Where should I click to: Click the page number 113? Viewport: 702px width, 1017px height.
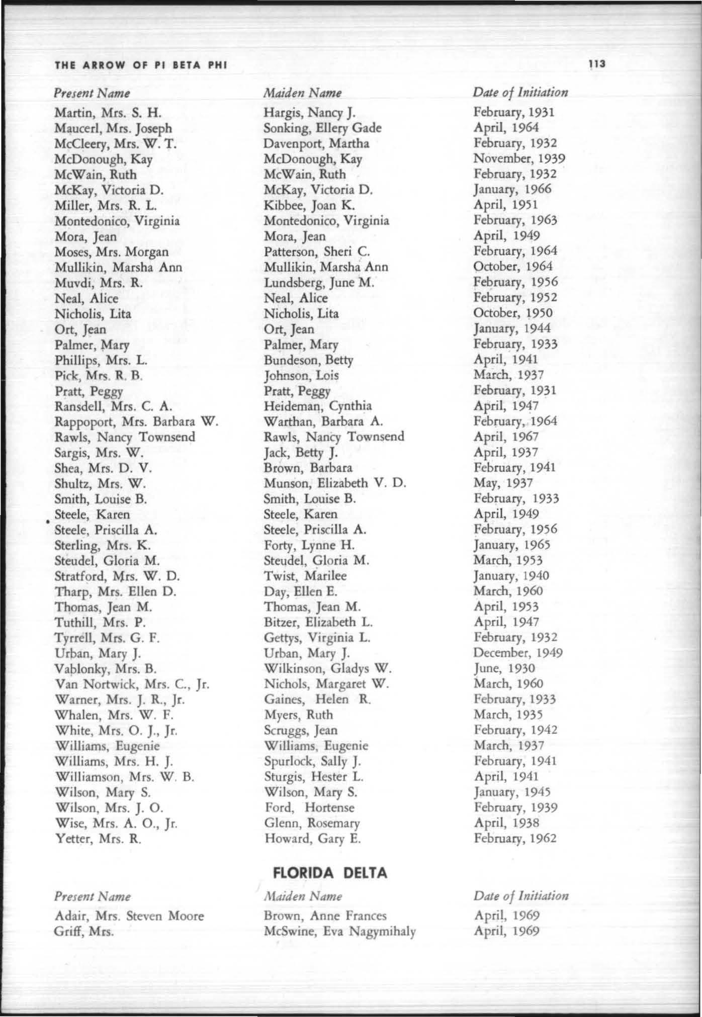[597, 64]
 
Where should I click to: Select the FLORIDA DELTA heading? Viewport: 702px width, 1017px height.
[330, 872]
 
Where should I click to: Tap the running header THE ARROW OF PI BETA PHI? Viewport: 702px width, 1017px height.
[141, 65]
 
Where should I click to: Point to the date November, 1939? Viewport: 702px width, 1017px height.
[519, 158]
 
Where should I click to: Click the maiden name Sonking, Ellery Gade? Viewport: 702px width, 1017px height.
[322, 128]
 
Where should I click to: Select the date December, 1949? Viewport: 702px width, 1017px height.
[518, 653]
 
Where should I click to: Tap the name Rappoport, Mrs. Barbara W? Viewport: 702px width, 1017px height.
[136, 421]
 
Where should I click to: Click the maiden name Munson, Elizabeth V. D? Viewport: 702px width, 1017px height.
[335, 483]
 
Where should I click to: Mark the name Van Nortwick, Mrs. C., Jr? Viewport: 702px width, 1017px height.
[132, 684]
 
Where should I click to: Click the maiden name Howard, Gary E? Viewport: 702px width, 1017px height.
[312, 838]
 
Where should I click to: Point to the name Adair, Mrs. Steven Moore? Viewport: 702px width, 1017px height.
[129, 915]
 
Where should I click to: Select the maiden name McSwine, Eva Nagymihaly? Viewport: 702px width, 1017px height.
[340, 931]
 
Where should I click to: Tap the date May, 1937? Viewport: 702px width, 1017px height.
[503, 483]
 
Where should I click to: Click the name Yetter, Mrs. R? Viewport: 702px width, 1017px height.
[98, 838]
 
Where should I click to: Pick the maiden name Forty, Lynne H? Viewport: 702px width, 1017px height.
[309, 545]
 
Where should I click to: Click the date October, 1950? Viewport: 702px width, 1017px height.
[513, 313]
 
